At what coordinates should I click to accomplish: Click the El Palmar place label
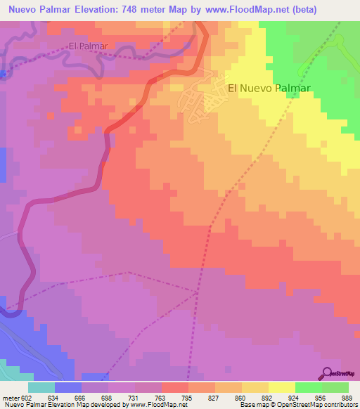click(x=88, y=46)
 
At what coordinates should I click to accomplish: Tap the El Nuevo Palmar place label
click(x=269, y=89)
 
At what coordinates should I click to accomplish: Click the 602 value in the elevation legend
click(x=27, y=398)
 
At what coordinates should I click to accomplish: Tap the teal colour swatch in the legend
click(x=41, y=387)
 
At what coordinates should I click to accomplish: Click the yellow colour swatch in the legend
click(x=282, y=387)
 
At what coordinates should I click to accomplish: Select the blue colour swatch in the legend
click(x=68, y=387)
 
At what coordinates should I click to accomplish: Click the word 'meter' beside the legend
click(x=11, y=398)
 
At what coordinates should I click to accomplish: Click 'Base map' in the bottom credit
click(x=252, y=405)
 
